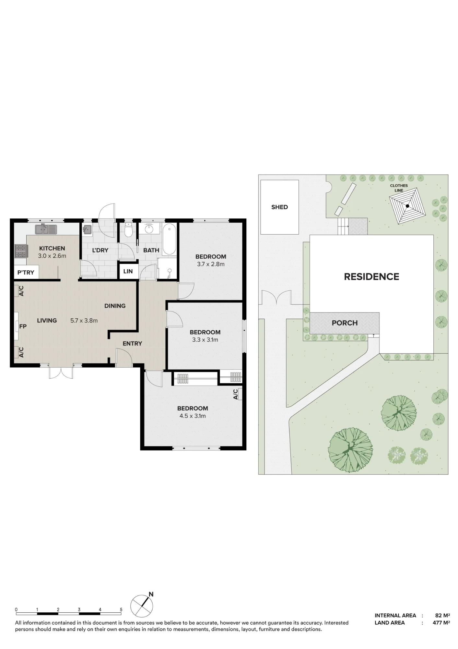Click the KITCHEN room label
pyautogui.click(x=52, y=248)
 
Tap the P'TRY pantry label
pyautogui.click(x=26, y=273)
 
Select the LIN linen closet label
pyautogui.click(x=128, y=271)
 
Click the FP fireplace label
pyautogui.click(x=23, y=326)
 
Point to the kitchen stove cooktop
pyautogui.click(x=20, y=251)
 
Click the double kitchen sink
pyautogui.click(x=46, y=229)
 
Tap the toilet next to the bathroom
pyautogui.click(x=129, y=229)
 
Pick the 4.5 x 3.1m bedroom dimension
pyautogui.click(x=193, y=416)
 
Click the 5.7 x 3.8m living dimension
pyautogui.click(x=84, y=321)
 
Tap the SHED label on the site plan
pyautogui.click(x=279, y=207)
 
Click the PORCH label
pyautogui.click(x=345, y=323)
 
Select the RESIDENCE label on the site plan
pyautogui.click(x=371, y=277)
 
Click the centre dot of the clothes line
pyautogui.click(x=407, y=206)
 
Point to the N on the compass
pyautogui.click(x=151, y=594)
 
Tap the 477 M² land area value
pyautogui.click(x=441, y=623)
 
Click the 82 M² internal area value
pyautogui.click(x=442, y=616)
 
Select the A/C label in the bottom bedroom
pyautogui.click(x=236, y=394)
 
